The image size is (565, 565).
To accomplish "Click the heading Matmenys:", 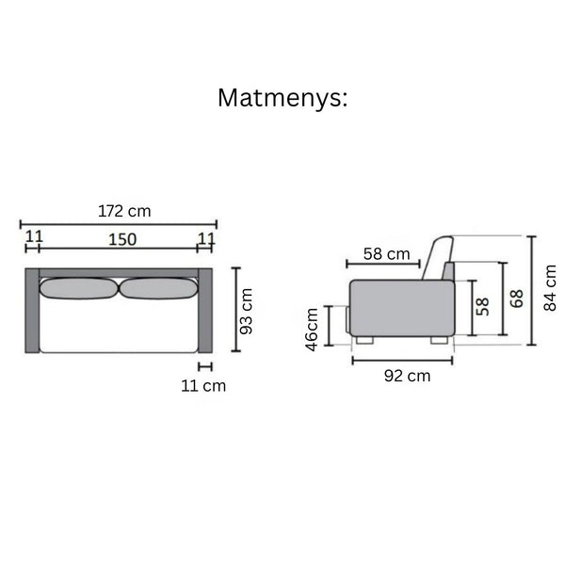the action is click(282, 98).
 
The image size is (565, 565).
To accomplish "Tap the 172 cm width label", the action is click(124, 211).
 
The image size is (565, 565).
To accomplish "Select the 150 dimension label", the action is click(122, 239).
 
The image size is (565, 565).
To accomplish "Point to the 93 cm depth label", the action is click(247, 312).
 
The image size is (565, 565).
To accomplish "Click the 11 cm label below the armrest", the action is click(203, 386).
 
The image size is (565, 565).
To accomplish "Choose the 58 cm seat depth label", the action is click(387, 254).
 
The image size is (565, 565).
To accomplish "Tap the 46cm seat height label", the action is click(312, 330).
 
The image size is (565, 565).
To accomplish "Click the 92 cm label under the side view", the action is click(407, 376).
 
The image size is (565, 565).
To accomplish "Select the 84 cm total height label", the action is click(550, 288).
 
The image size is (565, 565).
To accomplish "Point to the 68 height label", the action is click(517, 299).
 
